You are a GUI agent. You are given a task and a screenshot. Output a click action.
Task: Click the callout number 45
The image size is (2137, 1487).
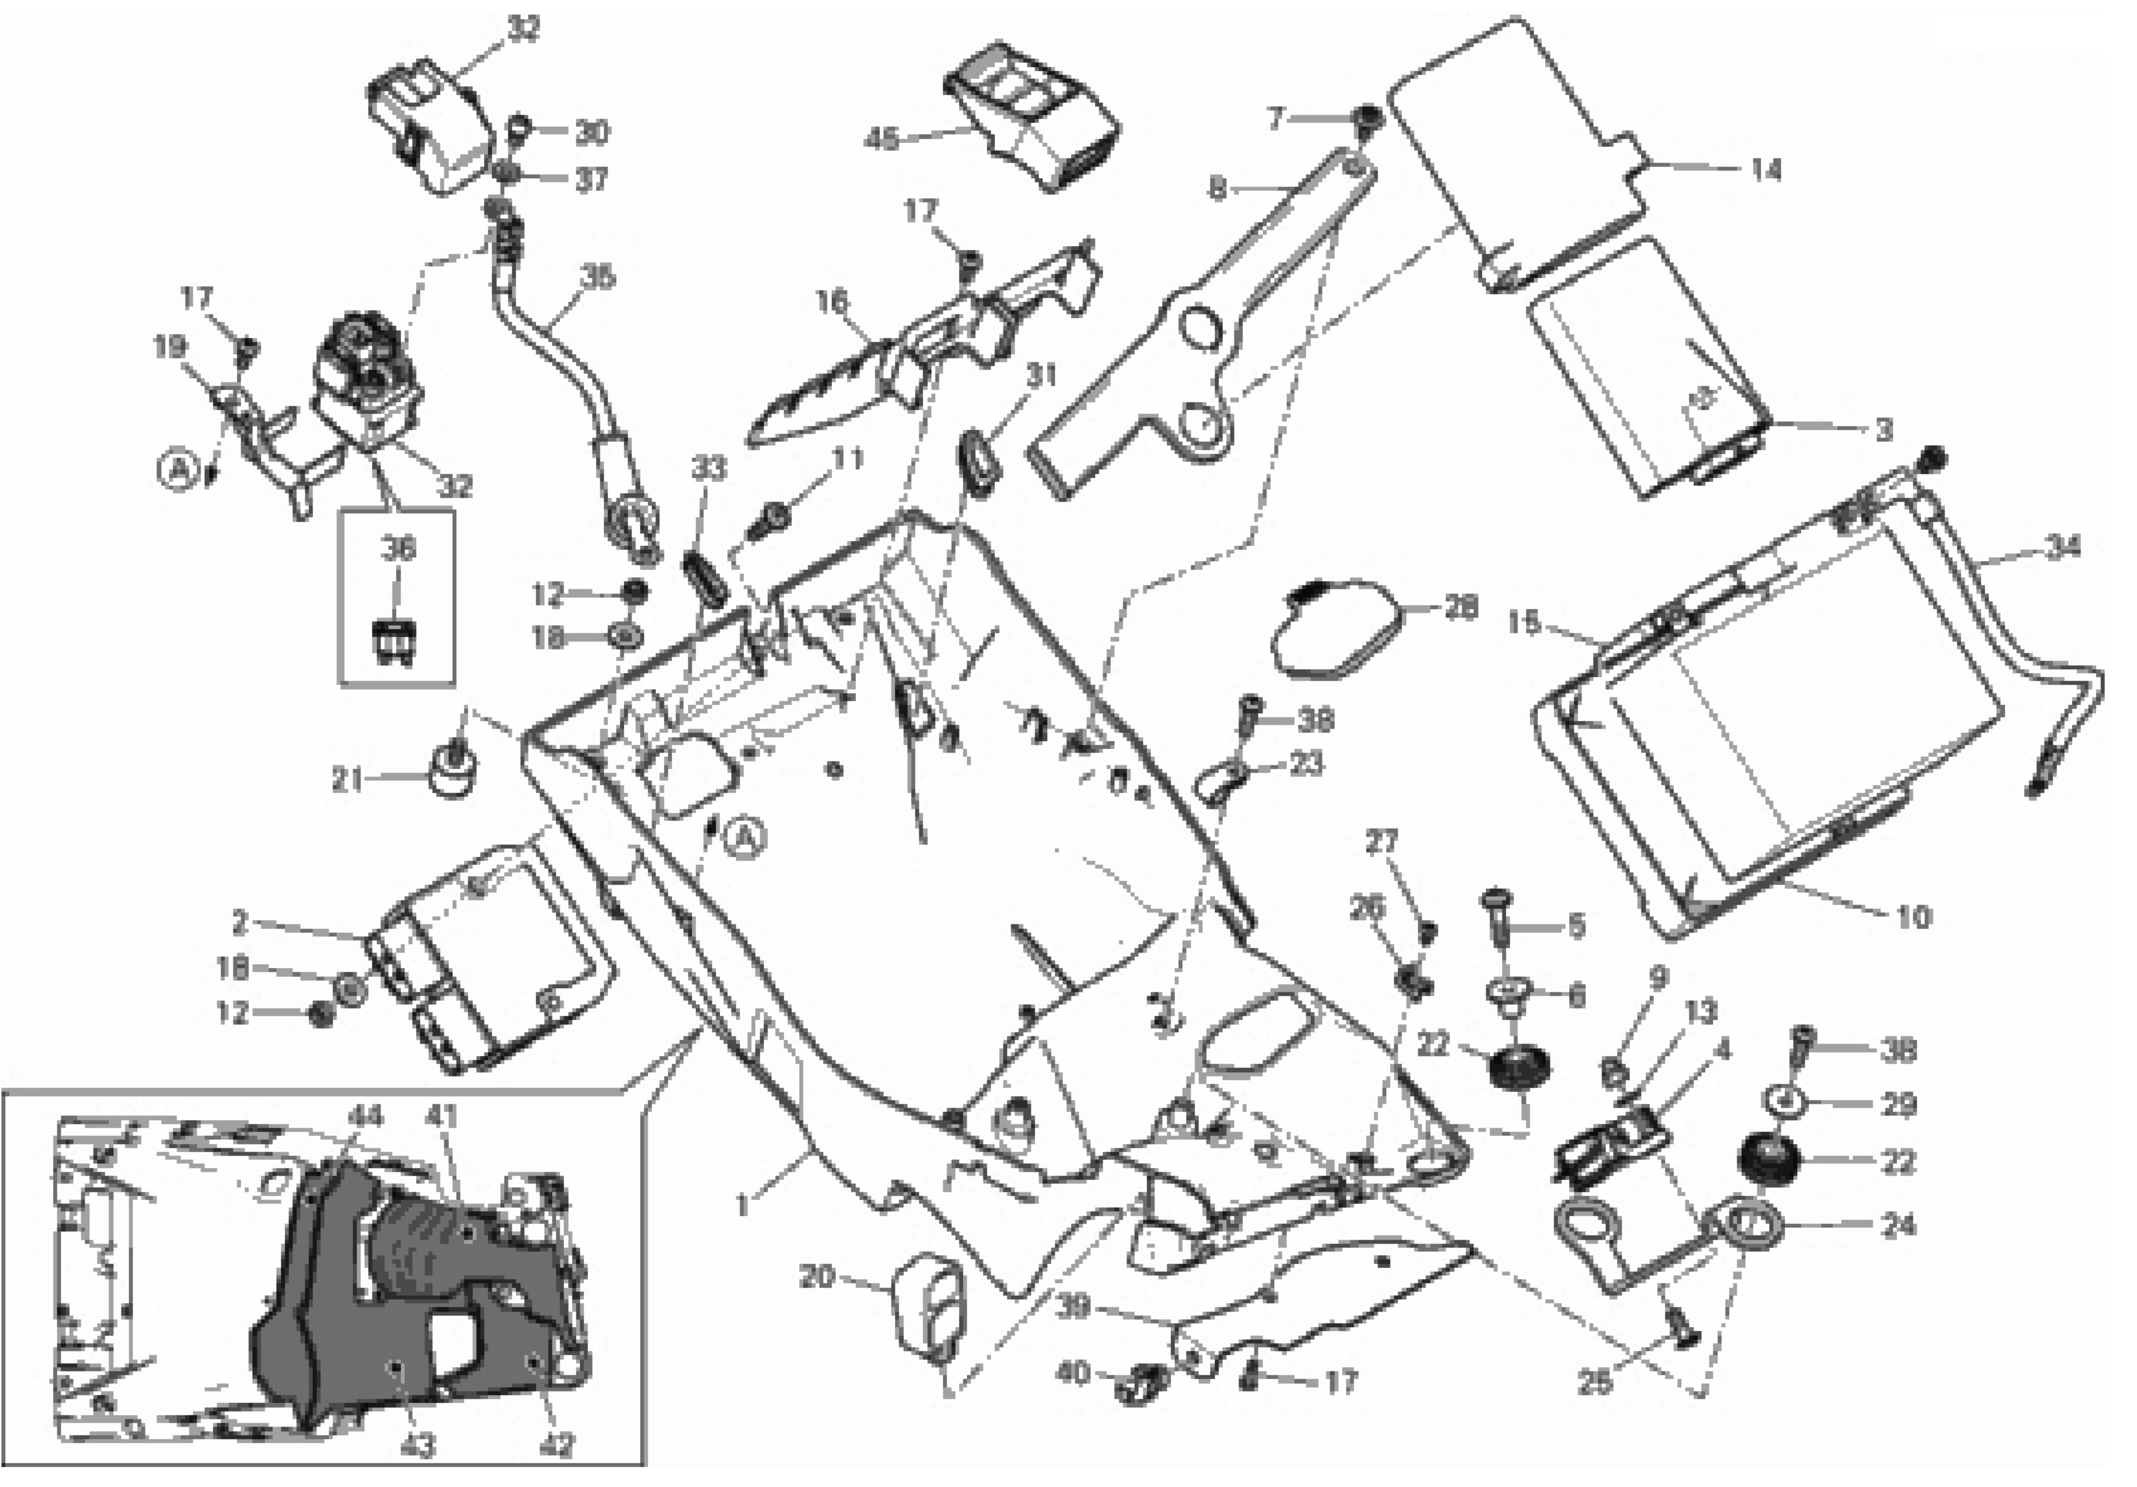click(x=880, y=140)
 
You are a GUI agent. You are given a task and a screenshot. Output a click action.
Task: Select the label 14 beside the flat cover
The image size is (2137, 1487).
click(x=1766, y=170)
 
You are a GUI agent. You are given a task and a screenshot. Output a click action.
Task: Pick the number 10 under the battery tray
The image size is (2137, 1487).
click(x=1914, y=917)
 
